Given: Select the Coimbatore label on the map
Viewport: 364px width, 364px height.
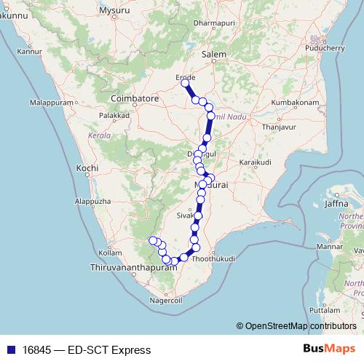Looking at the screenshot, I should [x=135, y=98].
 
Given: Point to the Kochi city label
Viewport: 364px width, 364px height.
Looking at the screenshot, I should [x=87, y=167].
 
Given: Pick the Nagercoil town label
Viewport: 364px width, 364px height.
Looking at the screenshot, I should [x=165, y=299].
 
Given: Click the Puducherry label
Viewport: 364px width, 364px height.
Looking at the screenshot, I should [x=325, y=47].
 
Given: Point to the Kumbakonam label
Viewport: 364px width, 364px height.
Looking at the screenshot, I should [x=296, y=103].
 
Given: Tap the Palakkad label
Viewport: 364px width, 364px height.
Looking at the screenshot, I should [x=114, y=115].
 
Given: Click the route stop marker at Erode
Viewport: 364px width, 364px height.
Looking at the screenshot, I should [x=185, y=84].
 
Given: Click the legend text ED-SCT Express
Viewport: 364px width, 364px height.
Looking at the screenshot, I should [x=109, y=350].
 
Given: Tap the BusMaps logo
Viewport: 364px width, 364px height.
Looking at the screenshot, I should [x=329, y=349].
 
